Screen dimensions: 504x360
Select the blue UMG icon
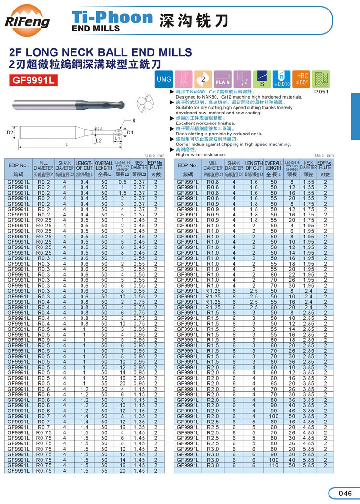tap(163, 78)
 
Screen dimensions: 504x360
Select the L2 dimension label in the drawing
tap(98, 141)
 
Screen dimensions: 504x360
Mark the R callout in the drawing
tap(134, 120)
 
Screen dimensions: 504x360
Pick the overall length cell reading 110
tap(273, 465)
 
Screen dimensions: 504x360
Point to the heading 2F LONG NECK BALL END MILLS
tap(100, 52)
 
